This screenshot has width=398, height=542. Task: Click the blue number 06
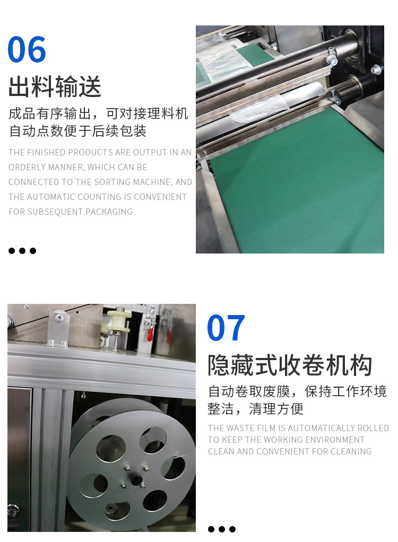(27, 49)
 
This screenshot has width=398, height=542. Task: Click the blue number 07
(226, 327)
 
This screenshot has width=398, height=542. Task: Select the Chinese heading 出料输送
(55, 86)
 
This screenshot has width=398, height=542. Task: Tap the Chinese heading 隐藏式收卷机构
(290, 365)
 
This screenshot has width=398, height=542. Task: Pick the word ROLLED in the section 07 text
(373, 428)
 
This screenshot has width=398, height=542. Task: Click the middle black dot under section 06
(22, 251)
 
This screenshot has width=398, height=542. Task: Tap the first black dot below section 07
(211, 529)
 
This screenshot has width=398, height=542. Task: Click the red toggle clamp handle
(150, 334)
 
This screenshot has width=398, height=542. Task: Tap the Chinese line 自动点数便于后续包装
(77, 131)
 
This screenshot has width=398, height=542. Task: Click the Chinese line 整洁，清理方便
(256, 408)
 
